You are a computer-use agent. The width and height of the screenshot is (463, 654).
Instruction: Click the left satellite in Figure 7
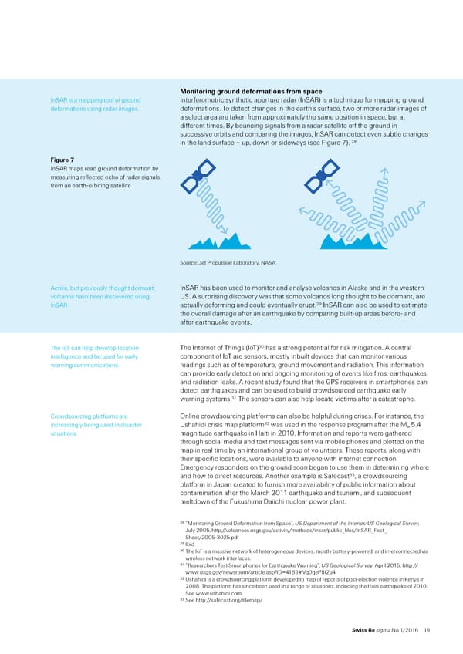pos(198,175)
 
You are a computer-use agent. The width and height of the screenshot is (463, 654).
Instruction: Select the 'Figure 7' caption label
pos(61,160)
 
